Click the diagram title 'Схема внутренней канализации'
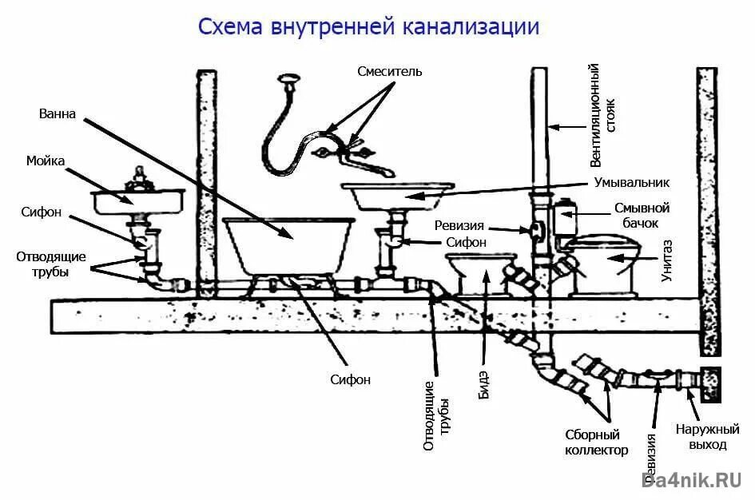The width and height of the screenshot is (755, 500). (368, 27)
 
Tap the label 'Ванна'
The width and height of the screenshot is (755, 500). (58, 114)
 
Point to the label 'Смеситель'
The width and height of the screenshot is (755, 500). (390, 72)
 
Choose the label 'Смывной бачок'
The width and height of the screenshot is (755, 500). (642, 214)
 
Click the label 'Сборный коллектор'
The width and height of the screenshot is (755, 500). (591, 442)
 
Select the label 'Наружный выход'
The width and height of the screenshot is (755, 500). (700, 436)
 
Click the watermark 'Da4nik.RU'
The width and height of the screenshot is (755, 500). (692, 479)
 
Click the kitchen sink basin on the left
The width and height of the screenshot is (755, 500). (137, 200)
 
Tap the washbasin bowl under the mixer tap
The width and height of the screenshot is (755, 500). (396, 196)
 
